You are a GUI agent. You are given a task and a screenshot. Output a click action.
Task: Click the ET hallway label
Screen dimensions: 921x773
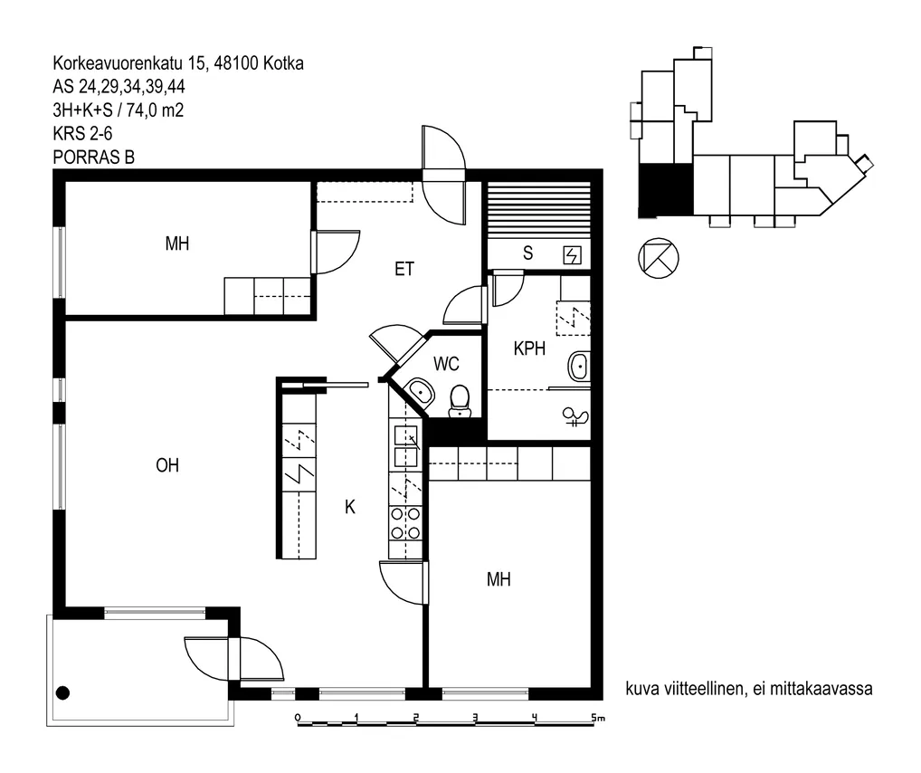coord(404,269)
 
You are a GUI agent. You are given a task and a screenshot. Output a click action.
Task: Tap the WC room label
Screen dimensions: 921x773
coord(446,364)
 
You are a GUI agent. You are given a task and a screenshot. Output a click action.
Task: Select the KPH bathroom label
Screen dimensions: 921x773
coord(529,348)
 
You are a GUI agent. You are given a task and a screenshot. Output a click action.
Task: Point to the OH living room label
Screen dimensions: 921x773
coord(167,465)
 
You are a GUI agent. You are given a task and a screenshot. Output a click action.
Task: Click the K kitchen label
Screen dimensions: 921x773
coord(350,507)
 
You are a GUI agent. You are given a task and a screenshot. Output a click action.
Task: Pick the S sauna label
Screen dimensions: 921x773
coord(528,253)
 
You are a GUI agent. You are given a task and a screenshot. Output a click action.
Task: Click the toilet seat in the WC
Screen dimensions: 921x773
coord(460,401)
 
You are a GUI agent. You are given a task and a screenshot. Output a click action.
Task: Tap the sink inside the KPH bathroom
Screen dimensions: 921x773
coord(578,367)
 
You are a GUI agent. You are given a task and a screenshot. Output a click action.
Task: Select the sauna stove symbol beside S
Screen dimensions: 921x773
coord(572,255)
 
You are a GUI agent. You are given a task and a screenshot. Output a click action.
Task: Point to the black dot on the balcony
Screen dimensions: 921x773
coord(62,693)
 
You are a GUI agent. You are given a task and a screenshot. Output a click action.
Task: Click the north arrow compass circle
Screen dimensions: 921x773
coord(658,257)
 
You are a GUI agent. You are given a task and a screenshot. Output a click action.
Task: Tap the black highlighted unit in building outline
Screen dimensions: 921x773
coord(666,189)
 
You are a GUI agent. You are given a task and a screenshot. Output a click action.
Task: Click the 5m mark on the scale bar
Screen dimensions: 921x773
coord(597,718)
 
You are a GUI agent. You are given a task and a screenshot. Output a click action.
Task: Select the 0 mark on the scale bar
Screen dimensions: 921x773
coord(298,718)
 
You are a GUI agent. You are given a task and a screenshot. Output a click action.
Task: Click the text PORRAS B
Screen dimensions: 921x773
coord(94,157)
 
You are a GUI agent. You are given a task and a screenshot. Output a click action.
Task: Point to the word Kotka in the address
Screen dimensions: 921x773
coord(283,63)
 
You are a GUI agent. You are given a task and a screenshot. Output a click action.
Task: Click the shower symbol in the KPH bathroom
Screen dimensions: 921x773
coord(575,416)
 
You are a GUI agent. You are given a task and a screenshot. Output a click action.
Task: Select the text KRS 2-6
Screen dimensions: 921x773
coord(82,134)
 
